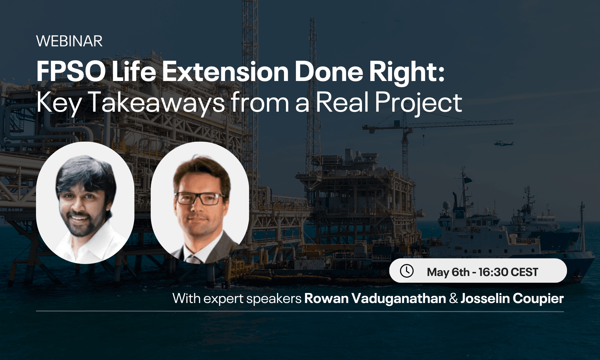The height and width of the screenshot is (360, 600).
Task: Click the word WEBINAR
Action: tap(69, 41)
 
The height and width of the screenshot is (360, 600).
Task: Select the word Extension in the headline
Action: tap(225, 72)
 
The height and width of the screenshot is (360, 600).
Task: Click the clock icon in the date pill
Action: tap(407, 271)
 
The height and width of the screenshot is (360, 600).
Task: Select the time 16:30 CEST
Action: tap(508, 272)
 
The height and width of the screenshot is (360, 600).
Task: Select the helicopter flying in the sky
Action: tap(503, 143)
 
